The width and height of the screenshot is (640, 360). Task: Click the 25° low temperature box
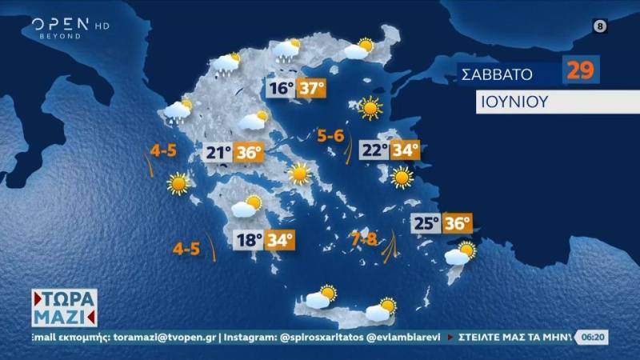click(426, 224)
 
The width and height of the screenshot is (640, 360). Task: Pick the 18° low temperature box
click(248, 239)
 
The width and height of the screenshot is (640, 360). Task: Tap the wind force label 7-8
click(364, 238)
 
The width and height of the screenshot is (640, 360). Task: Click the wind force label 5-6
click(330, 136)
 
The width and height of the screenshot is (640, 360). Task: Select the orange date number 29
click(582, 70)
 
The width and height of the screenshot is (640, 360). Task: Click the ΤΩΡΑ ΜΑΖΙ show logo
click(65, 307)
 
